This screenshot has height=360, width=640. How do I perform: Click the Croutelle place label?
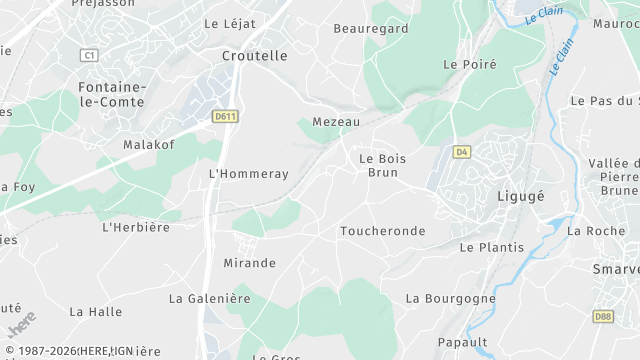coord(254,56)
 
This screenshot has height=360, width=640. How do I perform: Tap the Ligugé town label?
coord(521,196)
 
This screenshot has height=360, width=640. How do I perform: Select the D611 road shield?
coord(225,117)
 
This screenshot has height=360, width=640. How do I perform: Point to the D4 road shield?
coord(461,152)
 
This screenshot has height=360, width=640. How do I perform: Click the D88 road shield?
coord(603,317)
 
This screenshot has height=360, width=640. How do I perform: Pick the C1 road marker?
coord(92,55)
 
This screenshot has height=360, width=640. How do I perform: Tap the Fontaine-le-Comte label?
coord(111,94)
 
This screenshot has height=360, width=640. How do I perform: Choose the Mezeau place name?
coord(335,121)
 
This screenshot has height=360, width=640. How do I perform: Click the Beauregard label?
coord(370,29)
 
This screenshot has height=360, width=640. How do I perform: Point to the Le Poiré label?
coord(463,64)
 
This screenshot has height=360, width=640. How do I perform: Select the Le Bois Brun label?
coord(378,165)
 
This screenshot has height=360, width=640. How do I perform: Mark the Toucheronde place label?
coord(382,231)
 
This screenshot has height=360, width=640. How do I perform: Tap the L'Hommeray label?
coord(248,174)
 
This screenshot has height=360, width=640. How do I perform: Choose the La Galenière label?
coord(209,298)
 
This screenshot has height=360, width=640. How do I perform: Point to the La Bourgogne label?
coord(450,298)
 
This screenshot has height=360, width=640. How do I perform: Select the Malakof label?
coord(149,145)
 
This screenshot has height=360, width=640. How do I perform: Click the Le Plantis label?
coord(491,247)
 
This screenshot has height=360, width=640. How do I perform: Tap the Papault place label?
coord(462,342)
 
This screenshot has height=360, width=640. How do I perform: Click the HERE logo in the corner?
coord(20,327)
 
